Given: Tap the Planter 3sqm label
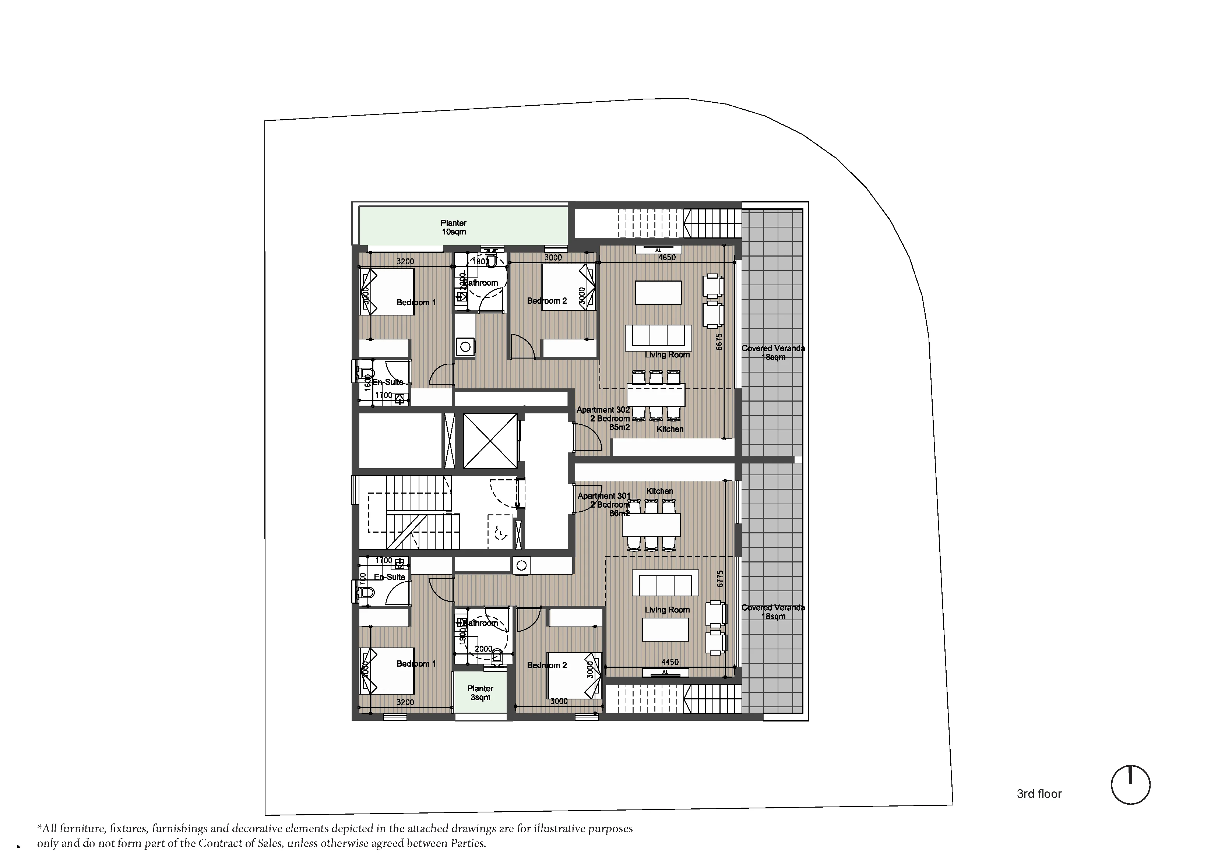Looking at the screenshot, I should click(480, 693).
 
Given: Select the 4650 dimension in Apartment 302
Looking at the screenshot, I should click(667, 258).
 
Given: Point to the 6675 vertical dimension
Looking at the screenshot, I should click(719, 341).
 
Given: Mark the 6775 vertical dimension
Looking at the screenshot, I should click(720, 578).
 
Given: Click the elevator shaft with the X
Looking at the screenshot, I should click(490, 441).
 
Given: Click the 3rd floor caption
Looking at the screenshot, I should click(1039, 794).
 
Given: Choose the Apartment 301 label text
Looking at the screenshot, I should click(604, 496).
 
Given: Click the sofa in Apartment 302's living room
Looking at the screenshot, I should click(658, 338).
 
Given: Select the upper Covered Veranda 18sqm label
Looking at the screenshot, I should click(773, 353).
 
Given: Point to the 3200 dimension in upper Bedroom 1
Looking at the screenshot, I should click(405, 261).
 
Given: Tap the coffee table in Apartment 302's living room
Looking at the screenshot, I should click(658, 292).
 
